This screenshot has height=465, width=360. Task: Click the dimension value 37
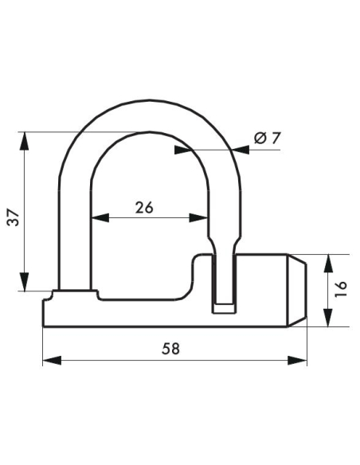pyautogui.click(x=14, y=213)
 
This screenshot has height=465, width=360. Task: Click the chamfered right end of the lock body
pyautogui.click(x=297, y=291)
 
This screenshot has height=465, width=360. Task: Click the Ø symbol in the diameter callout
pyautogui.click(x=259, y=139)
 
